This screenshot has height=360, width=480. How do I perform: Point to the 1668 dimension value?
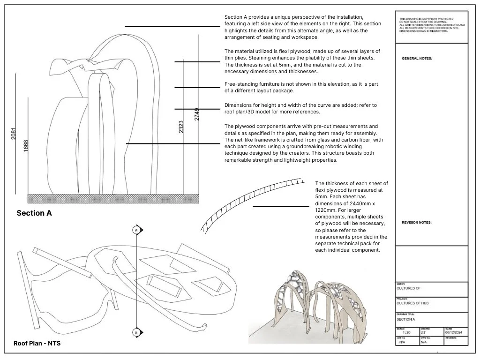pos(26,145)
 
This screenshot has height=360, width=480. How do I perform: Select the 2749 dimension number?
pos(197,114)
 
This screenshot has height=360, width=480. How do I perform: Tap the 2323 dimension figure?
pos(181,127)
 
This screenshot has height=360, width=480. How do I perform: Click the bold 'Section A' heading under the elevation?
pos(34,213)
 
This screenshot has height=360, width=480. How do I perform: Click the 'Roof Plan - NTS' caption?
pos(37,344)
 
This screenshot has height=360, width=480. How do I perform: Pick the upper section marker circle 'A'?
pos(136,230)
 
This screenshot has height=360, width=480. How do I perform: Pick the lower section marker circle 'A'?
pos(136,332)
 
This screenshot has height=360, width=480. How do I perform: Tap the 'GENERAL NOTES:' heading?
pos(417,59)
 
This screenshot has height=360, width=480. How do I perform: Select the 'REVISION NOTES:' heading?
pos(417,223)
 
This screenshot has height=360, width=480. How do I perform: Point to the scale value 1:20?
pos(406,332)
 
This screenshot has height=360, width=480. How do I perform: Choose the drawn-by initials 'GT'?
pos(423,332)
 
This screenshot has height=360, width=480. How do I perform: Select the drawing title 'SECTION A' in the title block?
pos(406,319)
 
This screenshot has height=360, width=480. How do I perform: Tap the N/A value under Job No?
pos(402,343)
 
